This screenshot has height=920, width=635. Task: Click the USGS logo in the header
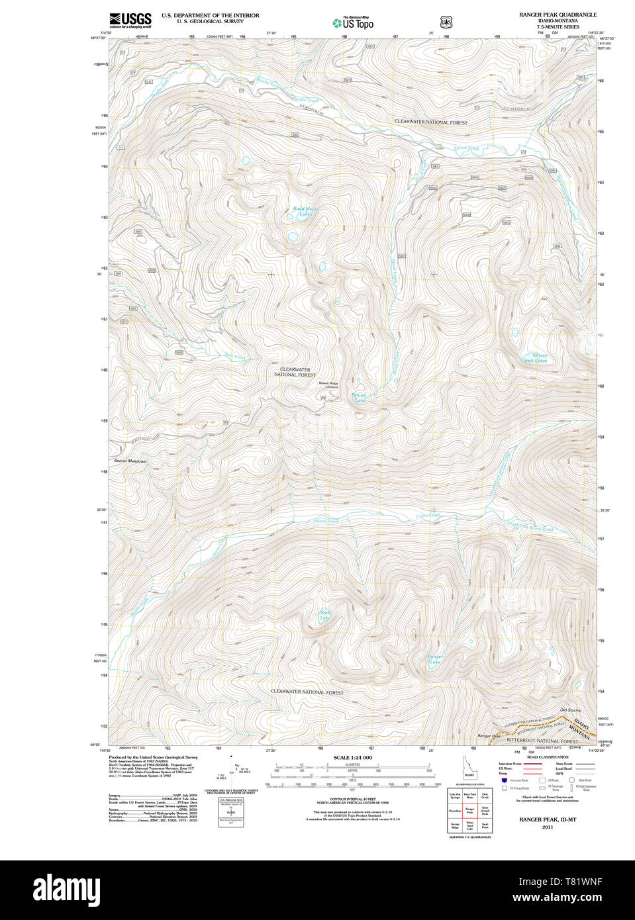pyautogui.click(x=130, y=20)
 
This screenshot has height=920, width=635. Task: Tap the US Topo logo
pyautogui.click(x=353, y=23)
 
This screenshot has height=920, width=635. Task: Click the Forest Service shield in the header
pyautogui.click(x=446, y=21)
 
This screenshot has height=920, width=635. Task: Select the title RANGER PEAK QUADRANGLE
pyautogui.click(x=558, y=15)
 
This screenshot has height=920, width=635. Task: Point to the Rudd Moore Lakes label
pyautogui.click(x=305, y=211)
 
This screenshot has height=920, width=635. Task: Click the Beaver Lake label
pyautogui.click(x=359, y=398)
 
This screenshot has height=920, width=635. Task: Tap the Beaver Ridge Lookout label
pyautogui.click(x=328, y=385)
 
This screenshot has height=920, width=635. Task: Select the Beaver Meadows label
pyautogui.click(x=130, y=461)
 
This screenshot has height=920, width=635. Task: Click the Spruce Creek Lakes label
pyautogui.click(x=534, y=358)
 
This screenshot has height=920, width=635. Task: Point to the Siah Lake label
pyautogui.click(x=324, y=616)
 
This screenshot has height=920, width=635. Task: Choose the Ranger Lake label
pyautogui.click(x=435, y=659)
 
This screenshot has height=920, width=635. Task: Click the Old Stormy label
pyautogui.click(x=570, y=710)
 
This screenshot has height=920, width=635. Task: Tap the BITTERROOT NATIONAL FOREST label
pyautogui.click(x=542, y=742)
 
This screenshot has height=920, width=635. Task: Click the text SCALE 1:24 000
pyautogui.click(x=352, y=757)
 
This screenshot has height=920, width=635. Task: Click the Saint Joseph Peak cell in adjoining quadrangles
pyautogui.click(x=485, y=811)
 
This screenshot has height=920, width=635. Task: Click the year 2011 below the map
pyautogui.click(x=548, y=827)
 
